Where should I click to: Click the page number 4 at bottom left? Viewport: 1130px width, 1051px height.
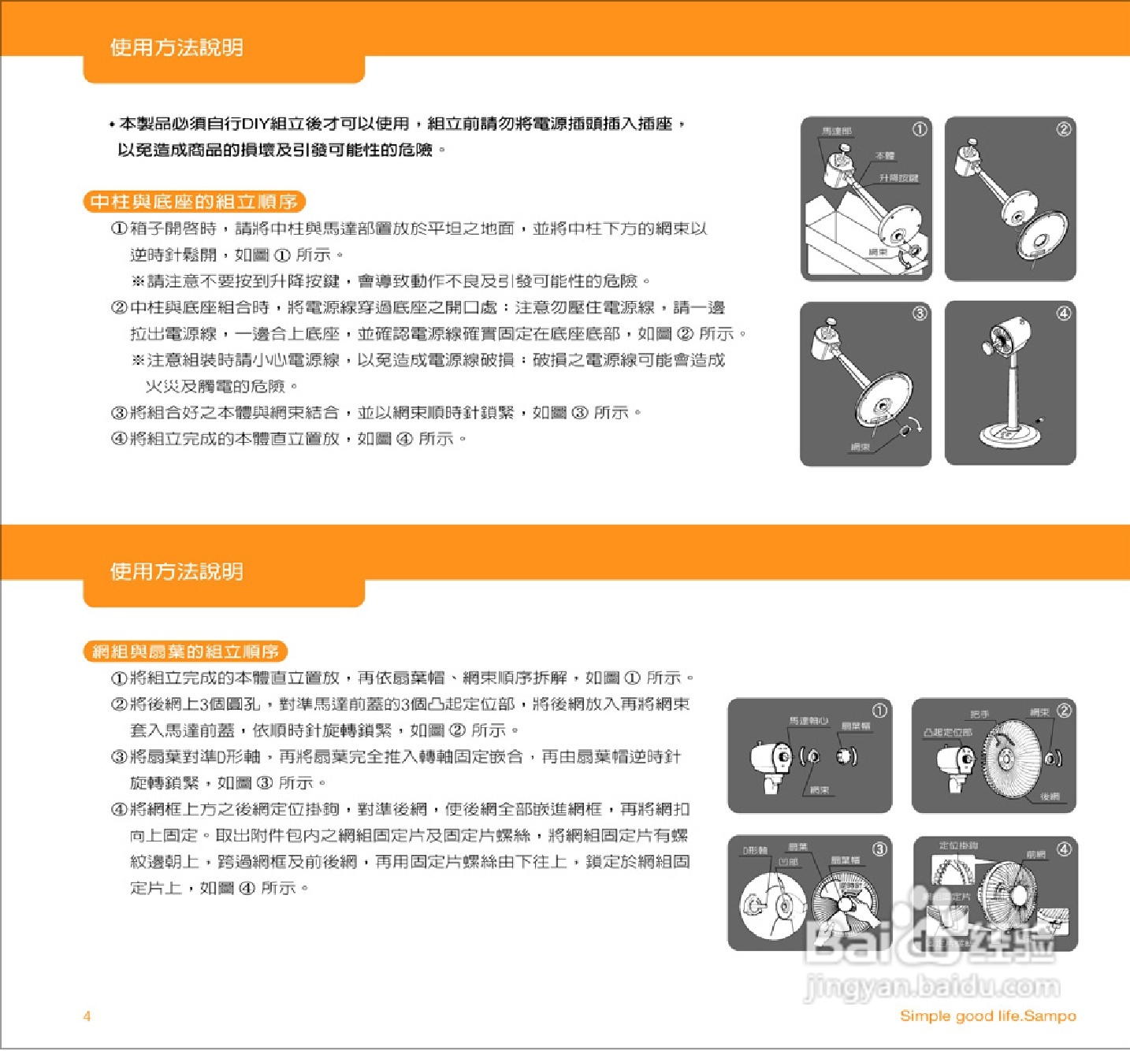point(87,1016)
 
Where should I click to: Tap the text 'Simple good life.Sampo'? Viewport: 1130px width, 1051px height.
point(987,1016)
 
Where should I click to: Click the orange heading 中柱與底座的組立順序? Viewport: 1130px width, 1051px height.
point(194,202)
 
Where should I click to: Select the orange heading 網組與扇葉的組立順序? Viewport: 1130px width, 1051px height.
point(185,652)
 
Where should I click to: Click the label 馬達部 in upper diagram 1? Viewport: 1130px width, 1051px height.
point(836,131)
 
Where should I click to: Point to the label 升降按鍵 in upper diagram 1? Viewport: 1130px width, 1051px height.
point(899,178)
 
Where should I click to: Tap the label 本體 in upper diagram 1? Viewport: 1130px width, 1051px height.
point(885,156)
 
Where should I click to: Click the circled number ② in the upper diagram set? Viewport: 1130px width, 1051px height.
point(1063,129)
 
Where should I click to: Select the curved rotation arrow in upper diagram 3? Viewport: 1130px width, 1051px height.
point(914,424)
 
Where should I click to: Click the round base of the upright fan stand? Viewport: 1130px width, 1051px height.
point(1009,433)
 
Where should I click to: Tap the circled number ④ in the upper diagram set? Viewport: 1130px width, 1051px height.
point(1063,314)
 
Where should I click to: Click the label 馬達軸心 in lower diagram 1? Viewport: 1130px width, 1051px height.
point(808,720)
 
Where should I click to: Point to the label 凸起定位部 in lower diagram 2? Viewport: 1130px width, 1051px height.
point(947,732)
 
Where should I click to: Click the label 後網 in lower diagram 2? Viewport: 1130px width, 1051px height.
point(1050,797)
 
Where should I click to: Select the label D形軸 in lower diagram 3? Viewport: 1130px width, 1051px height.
point(755,850)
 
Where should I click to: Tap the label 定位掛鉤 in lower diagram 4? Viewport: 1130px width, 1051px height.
point(958,845)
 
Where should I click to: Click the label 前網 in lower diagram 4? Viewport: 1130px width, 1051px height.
point(1035,854)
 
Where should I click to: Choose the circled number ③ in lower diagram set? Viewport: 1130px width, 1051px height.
point(879,849)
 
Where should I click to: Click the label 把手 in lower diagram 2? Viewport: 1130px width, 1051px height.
point(979,714)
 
